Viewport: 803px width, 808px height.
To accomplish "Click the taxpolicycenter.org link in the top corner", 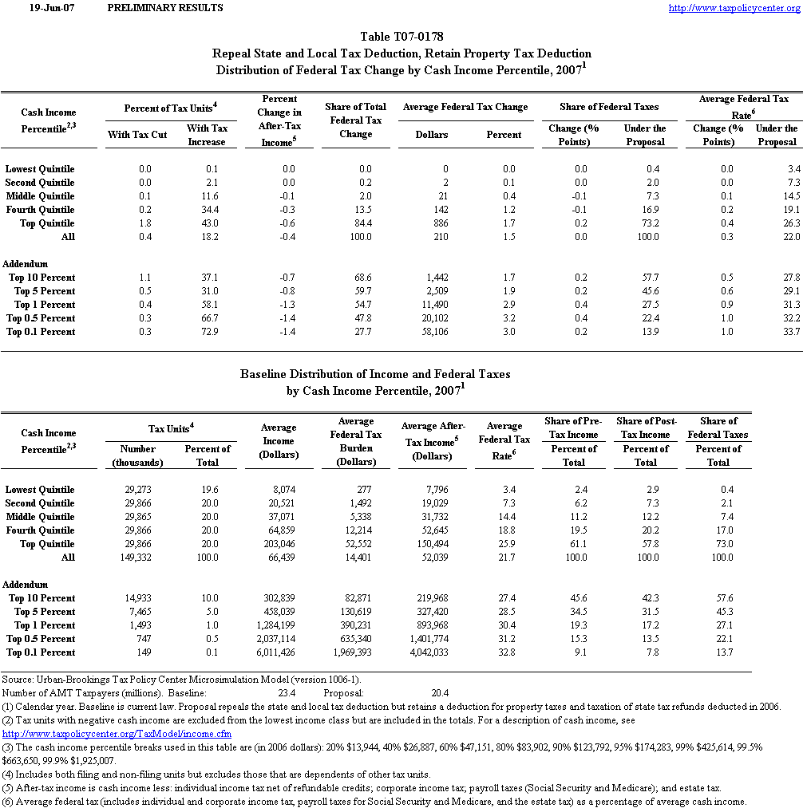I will (x=734, y=8).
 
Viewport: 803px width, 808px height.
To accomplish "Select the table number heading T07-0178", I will (x=401, y=37).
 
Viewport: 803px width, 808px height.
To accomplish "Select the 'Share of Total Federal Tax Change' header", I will (x=355, y=120).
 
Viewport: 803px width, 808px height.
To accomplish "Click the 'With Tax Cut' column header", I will (x=137, y=135).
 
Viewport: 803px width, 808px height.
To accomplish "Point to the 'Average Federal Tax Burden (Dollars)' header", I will (x=356, y=441).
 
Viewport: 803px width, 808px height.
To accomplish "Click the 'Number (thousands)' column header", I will (x=133, y=455).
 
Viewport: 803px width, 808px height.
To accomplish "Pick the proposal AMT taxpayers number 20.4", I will (x=441, y=694).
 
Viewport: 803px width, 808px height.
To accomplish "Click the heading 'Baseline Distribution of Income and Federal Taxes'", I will (x=375, y=374).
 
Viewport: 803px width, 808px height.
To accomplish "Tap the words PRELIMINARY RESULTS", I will (x=164, y=8).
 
